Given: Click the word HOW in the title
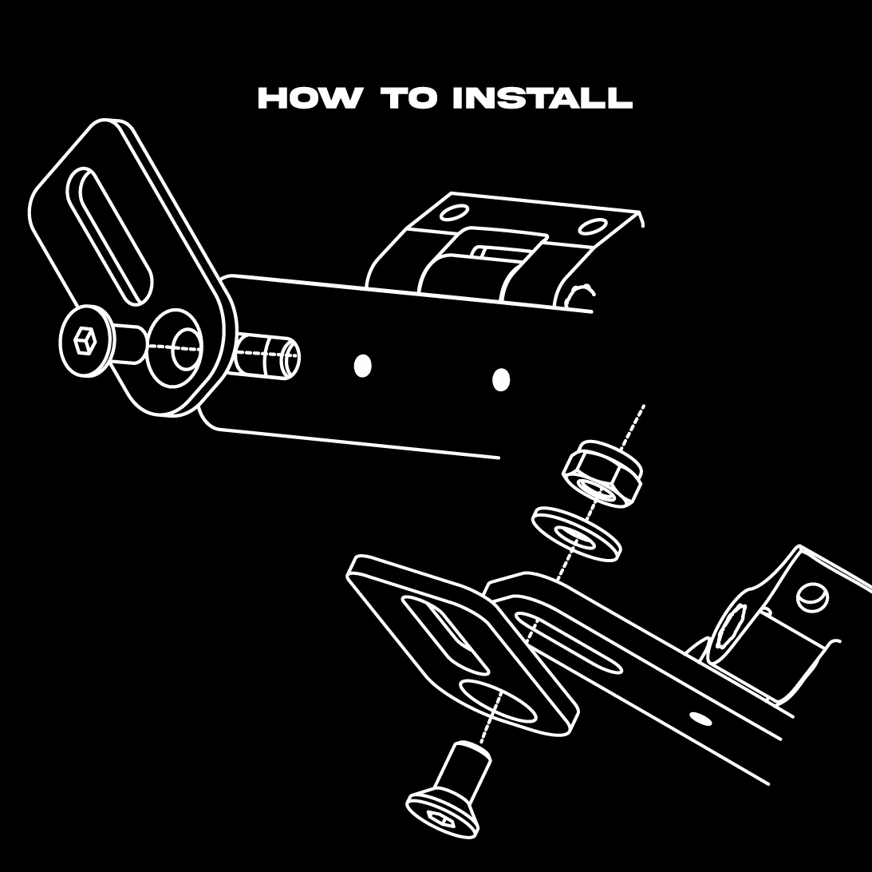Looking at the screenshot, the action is click(x=309, y=98).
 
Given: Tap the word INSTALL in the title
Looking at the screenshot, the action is click(x=543, y=98).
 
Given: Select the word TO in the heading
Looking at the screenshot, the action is click(x=409, y=98).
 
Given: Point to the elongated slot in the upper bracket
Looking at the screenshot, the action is click(x=109, y=236).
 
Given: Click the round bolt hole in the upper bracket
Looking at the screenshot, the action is click(x=183, y=349).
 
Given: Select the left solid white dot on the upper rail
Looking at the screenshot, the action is click(x=362, y=366).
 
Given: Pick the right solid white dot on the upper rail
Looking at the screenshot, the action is click(x=501, y=379).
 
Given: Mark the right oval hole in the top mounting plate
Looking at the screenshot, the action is click(x=592, y=226).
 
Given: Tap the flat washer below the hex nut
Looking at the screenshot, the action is click(x=576, y=533).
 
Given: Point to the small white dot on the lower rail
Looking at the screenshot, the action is click(x=700, y=718).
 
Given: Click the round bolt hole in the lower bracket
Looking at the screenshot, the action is click(x=498, y=702).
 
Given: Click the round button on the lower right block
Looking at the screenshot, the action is click(x=812, y=597).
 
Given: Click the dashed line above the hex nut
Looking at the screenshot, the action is click(x=633, y=426).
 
